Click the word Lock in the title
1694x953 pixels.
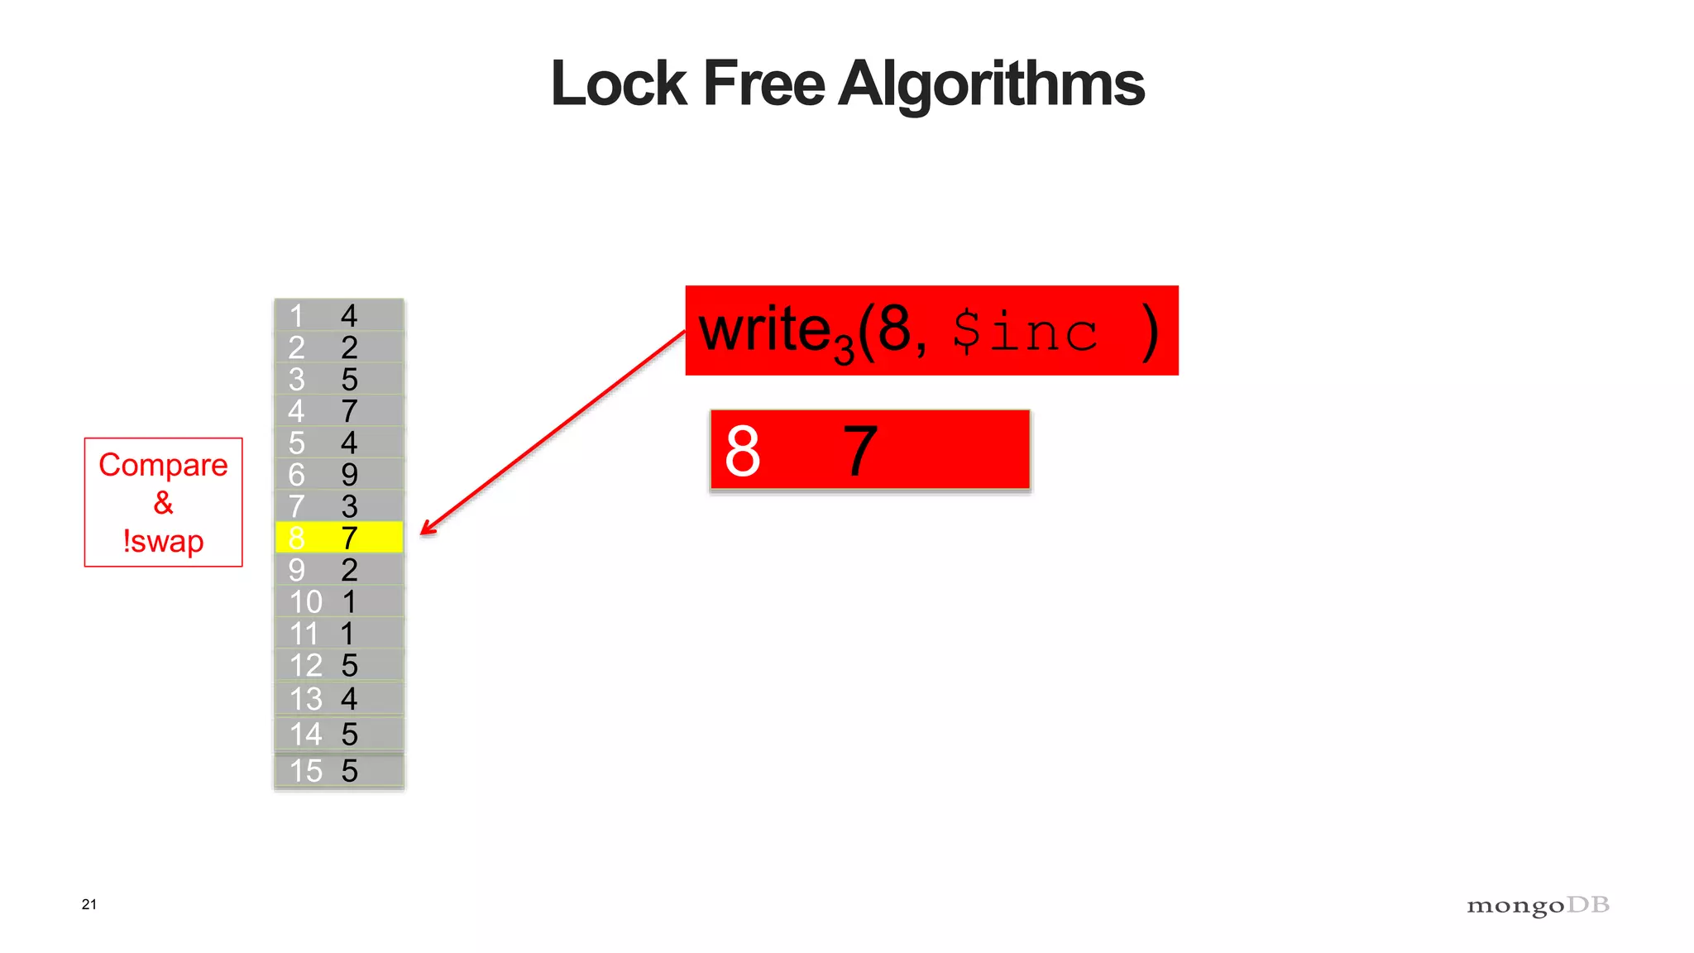619,84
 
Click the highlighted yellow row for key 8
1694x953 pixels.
339,538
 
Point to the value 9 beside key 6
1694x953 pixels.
349,475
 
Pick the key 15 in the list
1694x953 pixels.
305,771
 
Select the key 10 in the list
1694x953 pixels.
305,602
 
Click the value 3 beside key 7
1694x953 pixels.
349,506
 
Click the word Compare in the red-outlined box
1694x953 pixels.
163,466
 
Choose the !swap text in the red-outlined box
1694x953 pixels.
163,542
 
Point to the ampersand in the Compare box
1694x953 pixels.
163,503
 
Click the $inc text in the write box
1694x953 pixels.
1025,333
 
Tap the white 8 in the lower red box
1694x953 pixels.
742,452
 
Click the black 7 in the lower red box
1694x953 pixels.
860,452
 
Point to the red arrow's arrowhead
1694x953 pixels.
426,529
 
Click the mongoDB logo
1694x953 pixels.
1538,906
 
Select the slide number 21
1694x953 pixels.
89,904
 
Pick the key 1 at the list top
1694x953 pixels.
296,316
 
